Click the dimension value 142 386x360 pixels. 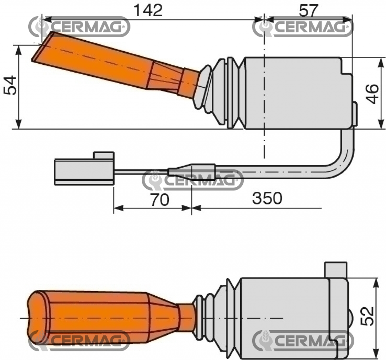149,10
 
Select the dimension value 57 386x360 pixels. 308,10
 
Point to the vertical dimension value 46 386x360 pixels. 372,94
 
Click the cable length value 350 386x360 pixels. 267,198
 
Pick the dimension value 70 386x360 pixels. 159,200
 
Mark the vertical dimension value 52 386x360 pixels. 367,316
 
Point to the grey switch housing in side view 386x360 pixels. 294,92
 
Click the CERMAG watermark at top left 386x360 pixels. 80,27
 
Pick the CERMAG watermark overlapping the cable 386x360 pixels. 193,180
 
